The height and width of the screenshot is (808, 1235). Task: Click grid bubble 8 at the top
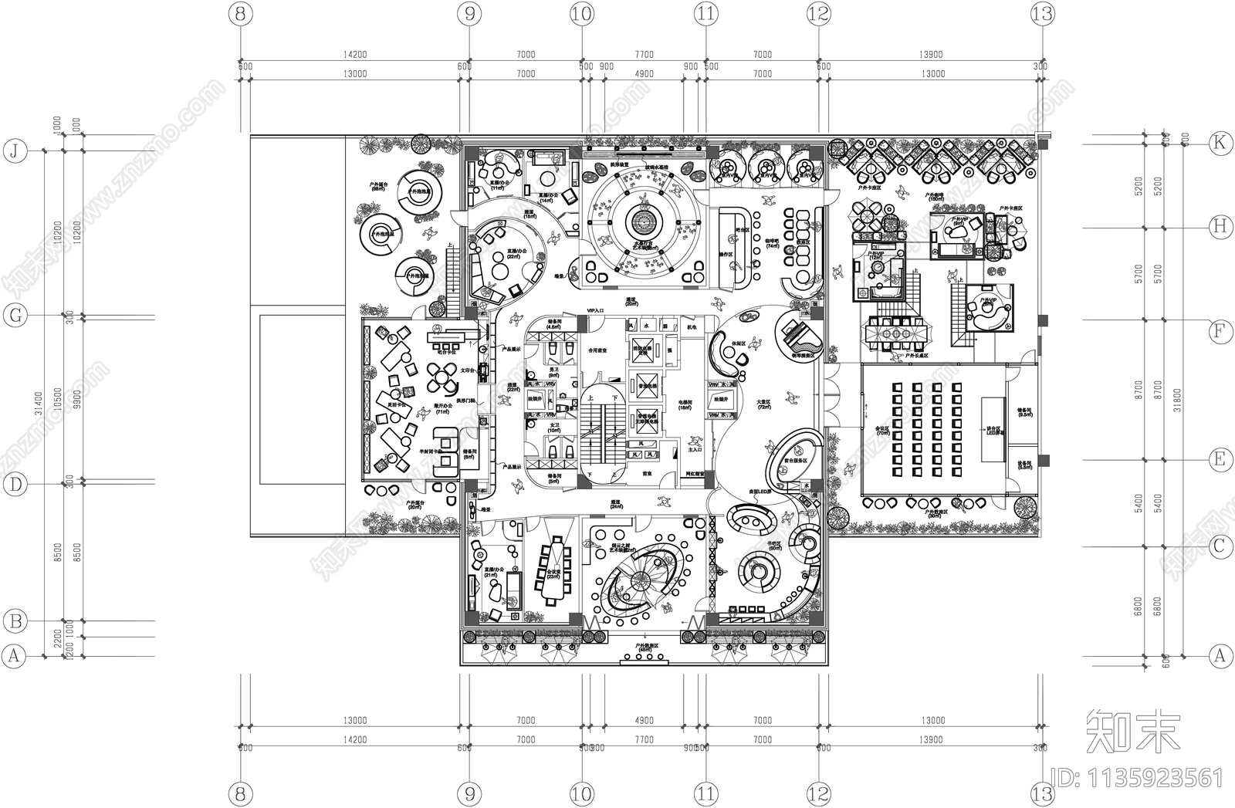pyautogui.click(x=242, y=13)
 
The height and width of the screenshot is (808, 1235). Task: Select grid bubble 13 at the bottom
pyautogui.click(x=1043, y=793)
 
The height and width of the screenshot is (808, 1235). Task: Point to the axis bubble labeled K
pyautogui.click(x=1220, y=142)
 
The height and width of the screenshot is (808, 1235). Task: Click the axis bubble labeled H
pyautogui.click(x=1220, y=226)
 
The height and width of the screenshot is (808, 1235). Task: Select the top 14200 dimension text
pyautogui.click(x=354, y=55)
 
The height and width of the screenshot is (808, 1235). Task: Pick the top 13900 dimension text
pyautogui.click(x=932, y=55)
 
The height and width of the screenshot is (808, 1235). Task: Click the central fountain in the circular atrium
pyautogui.click(x=641, y=223)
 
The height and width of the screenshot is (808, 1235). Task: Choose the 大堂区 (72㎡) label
pyautogui.click(x=764, y=404)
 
